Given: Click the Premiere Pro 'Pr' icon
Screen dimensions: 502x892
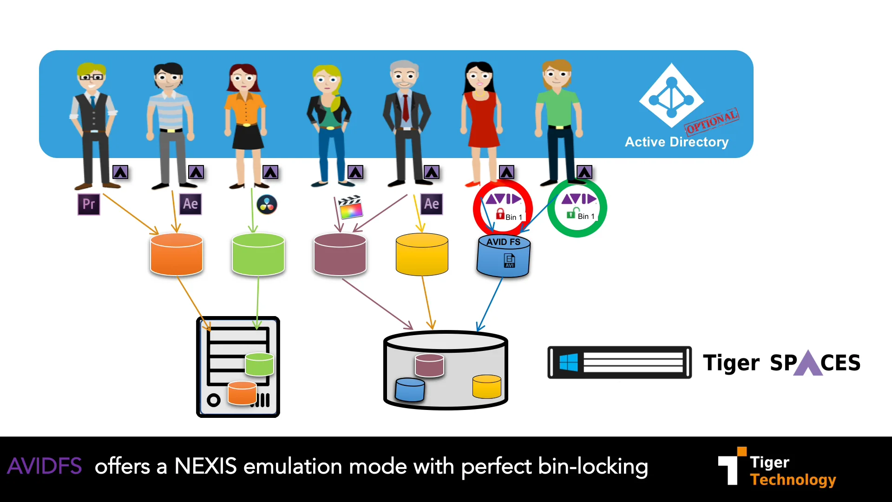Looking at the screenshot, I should click(x=88, y=204).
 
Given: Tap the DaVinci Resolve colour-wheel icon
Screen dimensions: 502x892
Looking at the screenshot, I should click(x=267, y=205).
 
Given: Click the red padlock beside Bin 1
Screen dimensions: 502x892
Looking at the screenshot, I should click(x=500, y=214).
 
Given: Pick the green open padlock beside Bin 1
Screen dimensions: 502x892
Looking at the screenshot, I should click(x=571, y=213).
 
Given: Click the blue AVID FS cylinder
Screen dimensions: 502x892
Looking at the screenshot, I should click(x=503, y=257).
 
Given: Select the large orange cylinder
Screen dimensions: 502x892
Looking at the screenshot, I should click(x=177, y=254).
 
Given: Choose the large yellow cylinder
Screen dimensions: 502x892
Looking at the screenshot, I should click(x=422, y=254).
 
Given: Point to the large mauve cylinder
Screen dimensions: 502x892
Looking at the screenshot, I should click(x=340, y=254).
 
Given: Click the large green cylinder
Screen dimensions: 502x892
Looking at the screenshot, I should click(x=258, y=254).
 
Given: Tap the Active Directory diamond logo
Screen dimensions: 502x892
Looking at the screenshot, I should click(x=671, y=96).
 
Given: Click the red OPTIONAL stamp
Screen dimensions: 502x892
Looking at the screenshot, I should click(x=712, y=121).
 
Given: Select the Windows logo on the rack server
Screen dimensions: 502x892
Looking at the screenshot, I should click(x=569, y=363).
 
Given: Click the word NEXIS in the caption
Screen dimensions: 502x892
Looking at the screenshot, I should click(x=205, y=466).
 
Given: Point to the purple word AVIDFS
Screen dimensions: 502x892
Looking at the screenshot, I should click(x=45, y=466).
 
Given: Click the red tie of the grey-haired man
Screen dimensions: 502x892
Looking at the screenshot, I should click(x=406, y=107).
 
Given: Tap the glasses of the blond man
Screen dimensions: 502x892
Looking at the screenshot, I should click(x=92, y=77).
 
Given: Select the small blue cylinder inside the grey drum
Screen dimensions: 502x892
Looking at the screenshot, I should click(x=410, y=390).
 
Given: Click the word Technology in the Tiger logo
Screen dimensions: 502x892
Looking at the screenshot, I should click(x=793, y=479).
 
